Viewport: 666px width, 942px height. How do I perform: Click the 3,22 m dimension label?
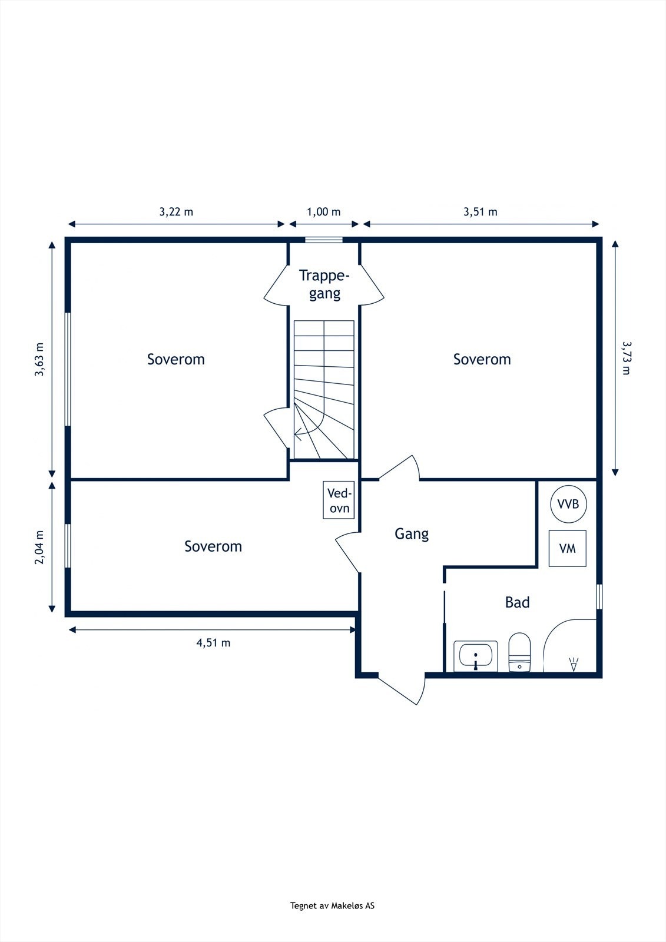[176, 212]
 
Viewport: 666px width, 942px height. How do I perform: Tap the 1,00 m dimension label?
[323, 212]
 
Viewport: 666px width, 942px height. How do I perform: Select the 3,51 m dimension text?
[481, 212]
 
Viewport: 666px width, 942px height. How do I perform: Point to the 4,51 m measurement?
[213, 643]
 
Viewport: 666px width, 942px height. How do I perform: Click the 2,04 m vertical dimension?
[39, 547]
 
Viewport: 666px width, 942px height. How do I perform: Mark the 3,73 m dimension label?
[627, 358]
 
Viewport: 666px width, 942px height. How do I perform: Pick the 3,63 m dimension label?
[39, 360]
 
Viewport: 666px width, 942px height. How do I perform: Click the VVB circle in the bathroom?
[568, 504]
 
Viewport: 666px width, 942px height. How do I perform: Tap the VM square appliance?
[567, 548]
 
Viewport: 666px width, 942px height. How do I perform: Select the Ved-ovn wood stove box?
[339, 500]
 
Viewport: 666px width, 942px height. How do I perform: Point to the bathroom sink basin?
[476, 656]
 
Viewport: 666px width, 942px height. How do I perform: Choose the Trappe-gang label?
[324, 284]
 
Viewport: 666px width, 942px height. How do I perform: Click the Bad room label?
[517, 602]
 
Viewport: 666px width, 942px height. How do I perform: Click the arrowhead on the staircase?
[297, 433]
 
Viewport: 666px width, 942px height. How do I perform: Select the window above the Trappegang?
[323, 240]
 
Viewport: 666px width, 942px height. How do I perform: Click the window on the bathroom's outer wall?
[599, 596]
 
